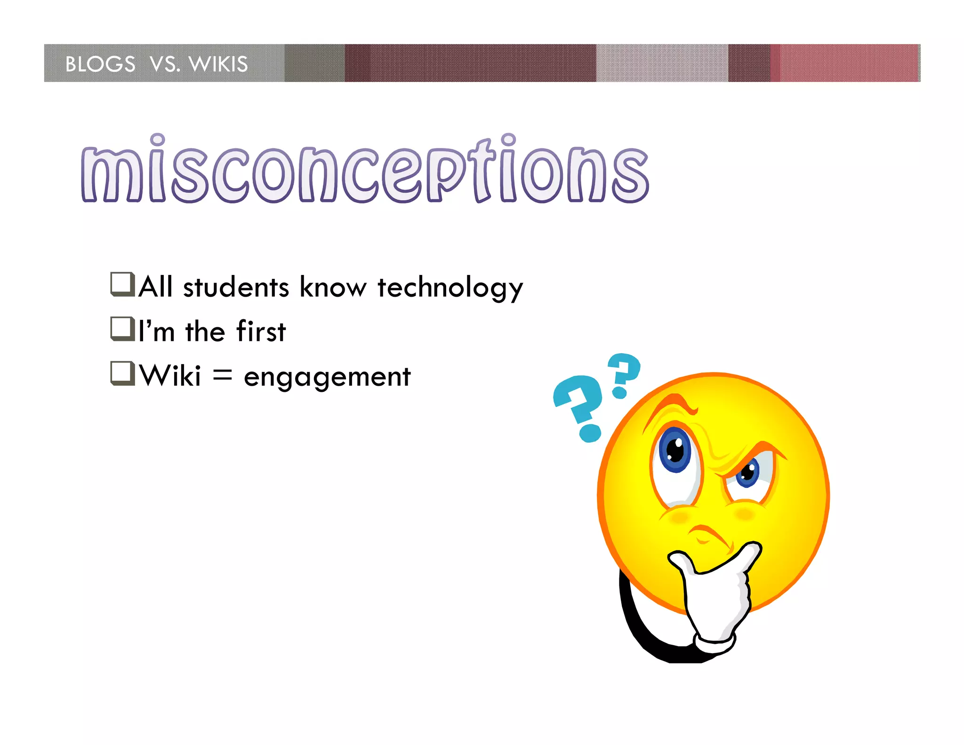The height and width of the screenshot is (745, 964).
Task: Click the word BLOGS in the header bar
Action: click(x=100, y=64)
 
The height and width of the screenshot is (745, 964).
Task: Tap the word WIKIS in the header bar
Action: click(x=218, y=64)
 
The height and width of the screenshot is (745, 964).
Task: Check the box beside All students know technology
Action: click(x=122, y=284)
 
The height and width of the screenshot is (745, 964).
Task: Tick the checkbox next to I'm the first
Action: click(x=122, y=329)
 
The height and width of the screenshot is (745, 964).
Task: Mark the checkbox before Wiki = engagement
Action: click(x=122, y=373)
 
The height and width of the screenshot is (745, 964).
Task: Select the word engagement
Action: click(x=327, y=377)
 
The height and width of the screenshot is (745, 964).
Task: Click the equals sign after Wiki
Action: click(x=222, y=375)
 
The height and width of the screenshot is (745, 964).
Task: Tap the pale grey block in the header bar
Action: click(x=661, y=63)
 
